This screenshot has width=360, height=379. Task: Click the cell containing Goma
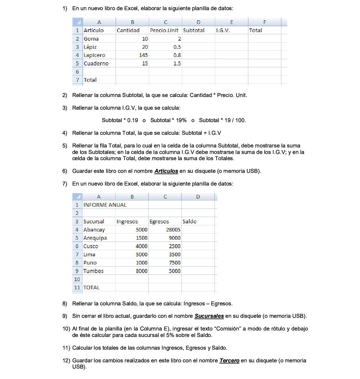pyautogui.click(x=91, y=39)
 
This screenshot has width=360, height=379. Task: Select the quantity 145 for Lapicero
pyautogui.click(x=143, y=55)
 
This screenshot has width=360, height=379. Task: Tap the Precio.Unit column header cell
pyautogui.click(x=164, y=30)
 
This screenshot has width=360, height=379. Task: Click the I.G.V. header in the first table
pyautogui.click(x=223, y=30)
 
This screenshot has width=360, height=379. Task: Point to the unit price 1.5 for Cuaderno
pyautogui.click(x=177, y=63)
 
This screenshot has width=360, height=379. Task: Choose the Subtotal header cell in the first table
pyautogui.click(x=194, y=30)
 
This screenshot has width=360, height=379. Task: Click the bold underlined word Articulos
pyautogui.click(x=166, y=171)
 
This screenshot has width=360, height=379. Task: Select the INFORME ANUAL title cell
pyautogui.click(x=105, y=205)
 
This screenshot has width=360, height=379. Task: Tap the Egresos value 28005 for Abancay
pyautogui.click(x=173, y=230)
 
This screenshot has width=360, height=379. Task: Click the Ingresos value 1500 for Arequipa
pyautogui.click(x=141, y=238)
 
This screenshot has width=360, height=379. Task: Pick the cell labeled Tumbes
pyautogui.click(x=93, y=271)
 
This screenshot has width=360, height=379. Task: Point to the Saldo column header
pyautogui.click(x=189, y=221)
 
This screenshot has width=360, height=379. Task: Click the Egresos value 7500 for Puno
pyautogui.click(x=174, y=263)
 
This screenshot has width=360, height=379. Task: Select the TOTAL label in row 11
pyautogui.click(x=91, y=288)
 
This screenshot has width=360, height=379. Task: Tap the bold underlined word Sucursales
pyautogui.click(x=209, y=316)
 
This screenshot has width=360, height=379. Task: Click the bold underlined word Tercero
pyautogui.click(x=229, y=361)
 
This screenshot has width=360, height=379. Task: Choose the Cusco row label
pyautogui.click(x=91, y=246)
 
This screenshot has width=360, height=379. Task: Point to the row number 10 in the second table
pyautogui.click(x=77, y=279)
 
